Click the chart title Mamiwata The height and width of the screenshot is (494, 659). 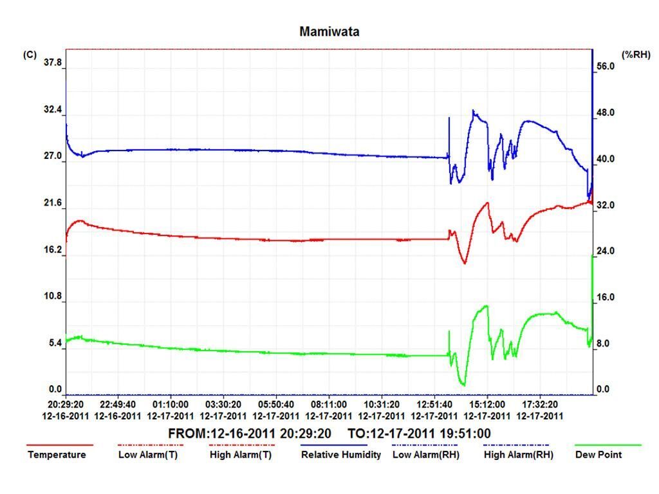click(x=329, y=32)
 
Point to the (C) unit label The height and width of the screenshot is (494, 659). click(x=30, y=55)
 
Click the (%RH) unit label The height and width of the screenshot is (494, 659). click(x=636, y=55)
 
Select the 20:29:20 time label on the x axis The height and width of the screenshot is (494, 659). click(x=66, y=405)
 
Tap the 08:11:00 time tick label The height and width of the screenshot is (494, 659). click(x=329, y=405)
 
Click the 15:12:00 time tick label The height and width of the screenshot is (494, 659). click(x=487, y=405)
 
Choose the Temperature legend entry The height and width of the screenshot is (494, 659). click(x=57, y=455)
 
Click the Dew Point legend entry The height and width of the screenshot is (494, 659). click(x=599, y=455)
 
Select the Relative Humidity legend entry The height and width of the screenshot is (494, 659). click(x=341, y=455)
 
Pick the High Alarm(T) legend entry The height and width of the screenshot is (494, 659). click(x=241, y=455)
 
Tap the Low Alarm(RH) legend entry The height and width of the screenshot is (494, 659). click(x=426, y=455)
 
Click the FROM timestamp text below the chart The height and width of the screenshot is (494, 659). click(x=250, y=434)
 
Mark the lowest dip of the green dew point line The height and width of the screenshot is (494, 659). click(x=463, y=385)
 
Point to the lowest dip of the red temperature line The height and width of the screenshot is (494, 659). click(x=465, y=263)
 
